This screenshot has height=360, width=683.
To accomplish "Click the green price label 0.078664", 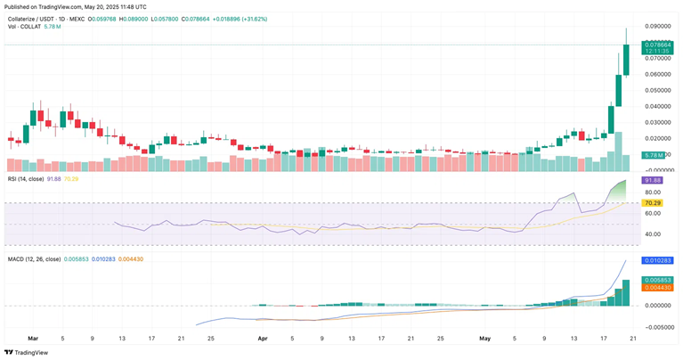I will click(659, 44).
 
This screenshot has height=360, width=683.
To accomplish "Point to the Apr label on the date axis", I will click(263, 339).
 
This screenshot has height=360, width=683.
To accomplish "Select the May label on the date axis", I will click(485, 339).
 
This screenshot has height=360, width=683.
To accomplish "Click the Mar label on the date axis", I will click(33, 339).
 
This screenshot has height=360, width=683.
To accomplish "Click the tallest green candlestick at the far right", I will click(626, 53).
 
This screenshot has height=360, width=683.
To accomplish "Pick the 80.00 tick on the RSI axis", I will click(653, 192).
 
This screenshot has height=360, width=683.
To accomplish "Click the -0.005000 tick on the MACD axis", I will click(657, 326).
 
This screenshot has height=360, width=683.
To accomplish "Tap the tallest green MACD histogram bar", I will click(626, 292).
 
